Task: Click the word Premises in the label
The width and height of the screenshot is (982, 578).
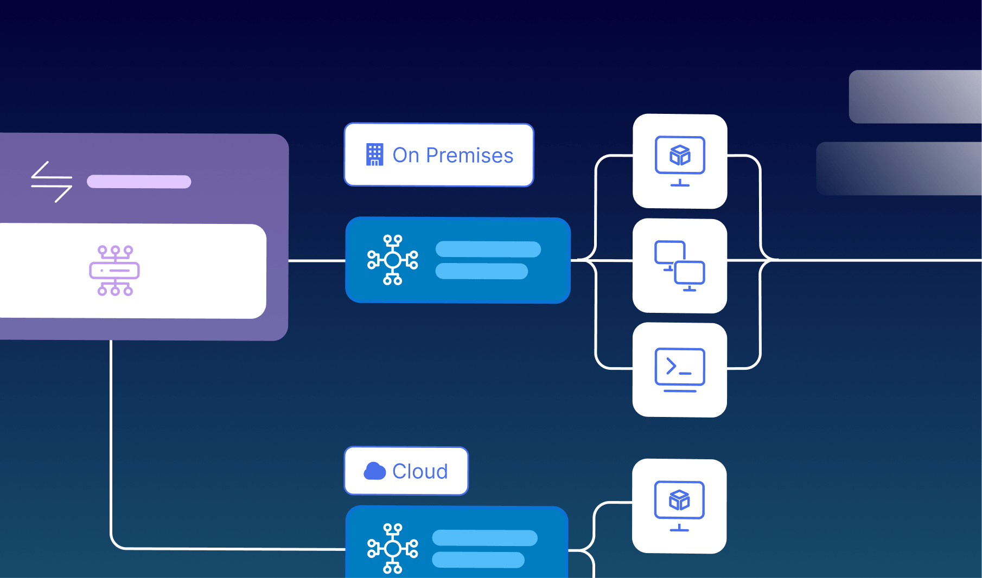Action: click(x=469, y=156)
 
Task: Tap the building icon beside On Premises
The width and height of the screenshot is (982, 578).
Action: click(x=374, y=155)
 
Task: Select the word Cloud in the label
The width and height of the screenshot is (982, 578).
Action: click(x=420, y=472)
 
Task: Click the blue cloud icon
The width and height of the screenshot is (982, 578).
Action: click(x=374, y=471)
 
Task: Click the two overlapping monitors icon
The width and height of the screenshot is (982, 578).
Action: click(x=680, y=266)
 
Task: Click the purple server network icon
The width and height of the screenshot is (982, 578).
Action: click(x=114, y=271)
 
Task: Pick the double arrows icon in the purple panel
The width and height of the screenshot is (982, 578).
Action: click(x=52, y=182)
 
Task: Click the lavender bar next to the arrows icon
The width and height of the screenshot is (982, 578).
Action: click(x=139, y=182)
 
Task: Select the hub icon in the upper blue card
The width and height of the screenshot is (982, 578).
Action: click(x=392, y=260)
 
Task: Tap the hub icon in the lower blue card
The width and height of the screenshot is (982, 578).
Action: click(x=392, y=548)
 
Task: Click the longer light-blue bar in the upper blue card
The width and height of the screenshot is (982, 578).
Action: click(x=488, y=249)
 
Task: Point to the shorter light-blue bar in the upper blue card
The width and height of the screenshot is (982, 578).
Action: click(x=481, y=271)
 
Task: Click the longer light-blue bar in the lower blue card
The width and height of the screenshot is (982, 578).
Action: click(x=484, y=538)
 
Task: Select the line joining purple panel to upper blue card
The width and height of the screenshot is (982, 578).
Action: click(x=316, y=261)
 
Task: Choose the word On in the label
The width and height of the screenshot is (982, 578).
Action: click(x=406, y=156)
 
